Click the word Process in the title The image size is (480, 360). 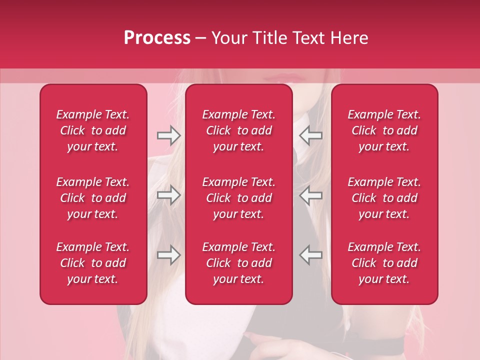(x=157, y=38)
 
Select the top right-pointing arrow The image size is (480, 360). (x=169, y=135)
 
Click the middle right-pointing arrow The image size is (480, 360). (x=169, y=195)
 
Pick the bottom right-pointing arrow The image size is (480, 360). (x=169, y=255)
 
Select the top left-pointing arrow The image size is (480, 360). (x=310, y=135)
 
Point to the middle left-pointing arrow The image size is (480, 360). (x=310, y=195)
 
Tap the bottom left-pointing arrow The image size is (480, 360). (x=310, y=255)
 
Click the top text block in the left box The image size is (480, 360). (x=93, y=130)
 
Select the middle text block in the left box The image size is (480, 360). (x=93, y=198)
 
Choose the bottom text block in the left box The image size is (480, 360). (x=93, y=263)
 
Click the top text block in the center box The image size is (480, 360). (x=238, y=130)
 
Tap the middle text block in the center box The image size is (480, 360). (x=238, y=198)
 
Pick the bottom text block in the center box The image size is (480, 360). (x=238, y=263)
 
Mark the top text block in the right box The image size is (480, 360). (x=384, y=130)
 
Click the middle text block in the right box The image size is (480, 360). (x=384, y=198)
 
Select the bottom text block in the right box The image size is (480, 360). (x=384, y=263)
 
